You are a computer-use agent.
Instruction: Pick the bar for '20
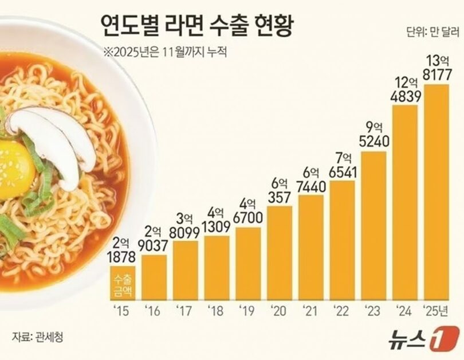click(280, 253)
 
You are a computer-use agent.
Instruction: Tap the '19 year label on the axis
click(247, 312)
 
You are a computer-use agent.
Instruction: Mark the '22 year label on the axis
click(342, 312)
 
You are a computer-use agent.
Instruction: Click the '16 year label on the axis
click(153, 312)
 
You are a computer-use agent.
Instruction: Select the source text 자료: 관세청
click(37, 336)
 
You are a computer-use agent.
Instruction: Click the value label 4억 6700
click(249, 212)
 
